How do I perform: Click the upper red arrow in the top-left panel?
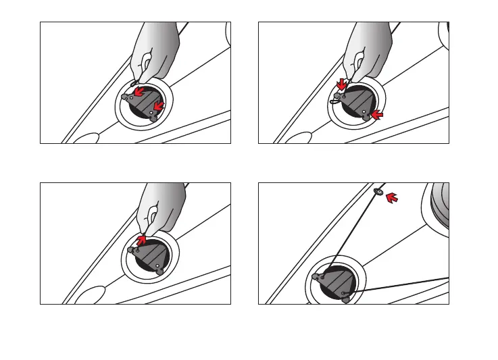pos(139,91)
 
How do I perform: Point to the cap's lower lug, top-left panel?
pos(154,118)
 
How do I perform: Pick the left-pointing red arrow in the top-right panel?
pos(377,116)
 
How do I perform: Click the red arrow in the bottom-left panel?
pos(141,239)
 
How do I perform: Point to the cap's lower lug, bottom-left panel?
pos(159,274)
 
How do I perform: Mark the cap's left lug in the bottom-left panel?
pos(131,250)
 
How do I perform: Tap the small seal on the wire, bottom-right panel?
pos(378,192)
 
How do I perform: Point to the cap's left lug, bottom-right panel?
pos(316,276)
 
